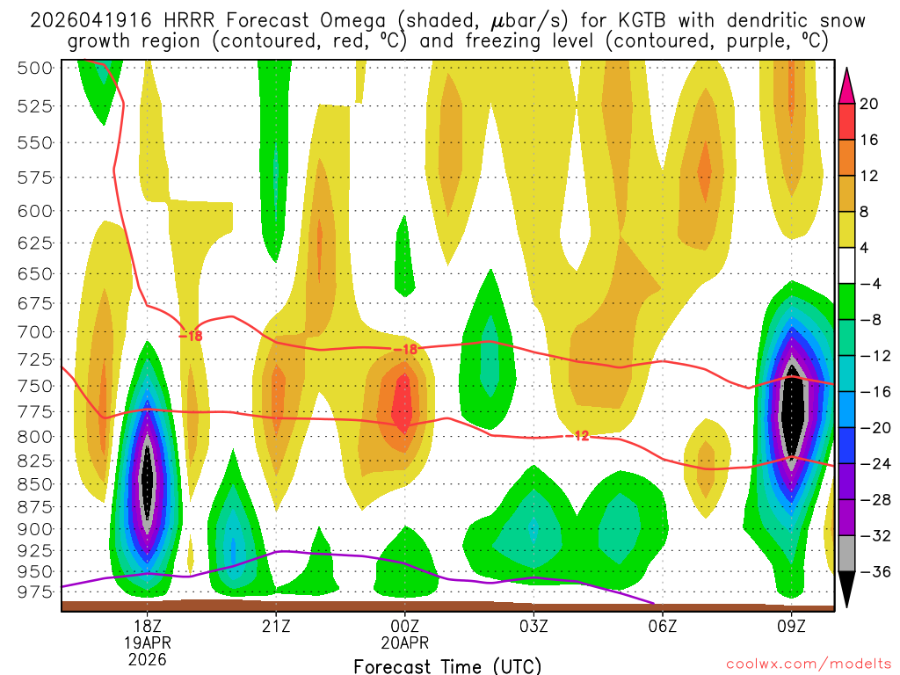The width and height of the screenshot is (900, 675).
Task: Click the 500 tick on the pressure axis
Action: (x=36, y=68)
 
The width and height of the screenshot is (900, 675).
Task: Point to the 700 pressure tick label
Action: (x=36, y=331)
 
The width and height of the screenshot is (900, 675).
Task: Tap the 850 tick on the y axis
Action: (x=36, y=483)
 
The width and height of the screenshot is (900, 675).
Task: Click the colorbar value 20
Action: (x=868, y=104)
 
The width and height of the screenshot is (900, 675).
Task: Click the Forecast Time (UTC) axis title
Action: (x=447, y=665)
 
